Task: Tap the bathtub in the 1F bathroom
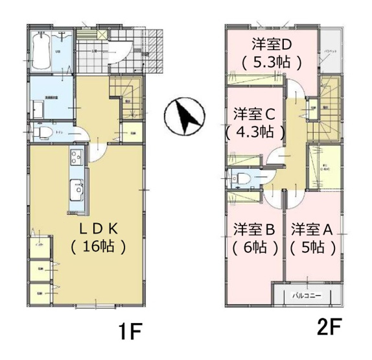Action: (44, 51)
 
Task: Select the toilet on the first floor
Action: (44, 133)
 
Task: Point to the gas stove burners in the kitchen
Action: (76, 158)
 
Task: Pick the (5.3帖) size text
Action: (272, 63)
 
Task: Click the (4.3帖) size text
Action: (255, 131)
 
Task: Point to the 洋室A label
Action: (312, 229)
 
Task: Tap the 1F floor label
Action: (130, 331)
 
